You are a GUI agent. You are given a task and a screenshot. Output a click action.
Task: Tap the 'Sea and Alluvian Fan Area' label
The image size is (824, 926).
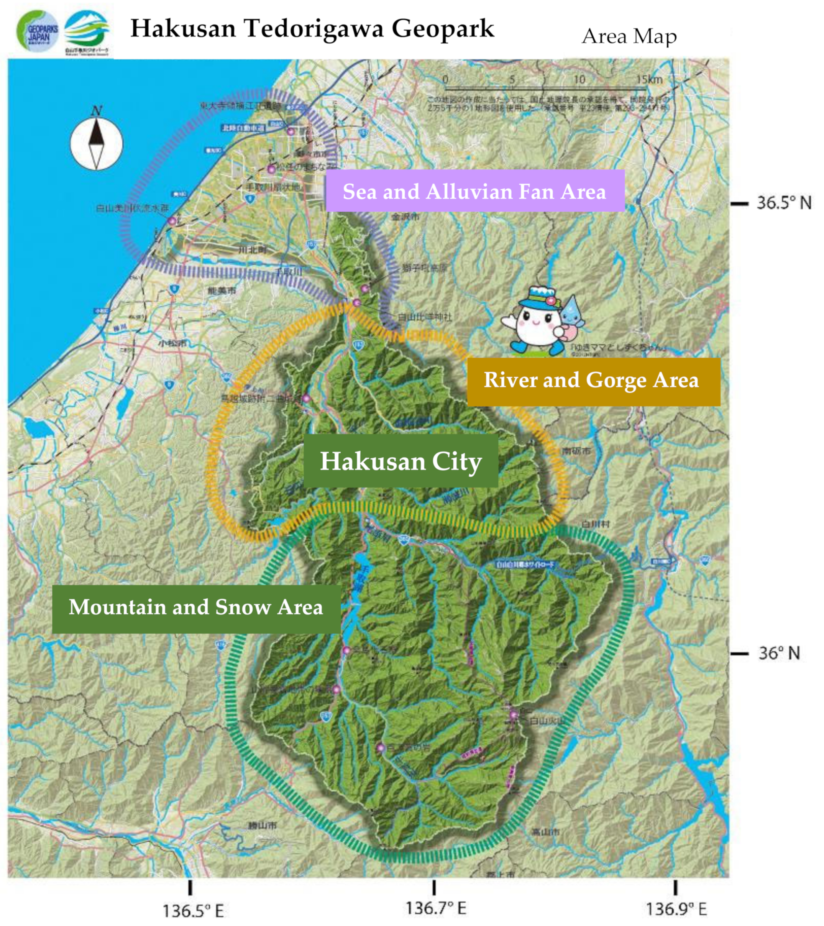(475, 191)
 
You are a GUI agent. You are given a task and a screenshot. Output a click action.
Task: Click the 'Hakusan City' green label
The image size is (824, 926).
(401, 461)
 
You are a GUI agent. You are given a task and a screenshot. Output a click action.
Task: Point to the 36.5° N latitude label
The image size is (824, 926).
(783, 203)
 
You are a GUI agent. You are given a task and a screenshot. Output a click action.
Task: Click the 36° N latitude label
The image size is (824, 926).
(779, 653)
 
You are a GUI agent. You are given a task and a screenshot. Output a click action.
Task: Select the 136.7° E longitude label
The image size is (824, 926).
(435, 908)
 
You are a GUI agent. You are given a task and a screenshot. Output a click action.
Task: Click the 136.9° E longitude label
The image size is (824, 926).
(676, 909)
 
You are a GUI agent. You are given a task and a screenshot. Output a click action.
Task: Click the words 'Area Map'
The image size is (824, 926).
(629, 36)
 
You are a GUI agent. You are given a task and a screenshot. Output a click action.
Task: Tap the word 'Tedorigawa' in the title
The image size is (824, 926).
(314, 28)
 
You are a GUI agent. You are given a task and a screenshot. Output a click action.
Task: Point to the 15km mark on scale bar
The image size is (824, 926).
(649, 80)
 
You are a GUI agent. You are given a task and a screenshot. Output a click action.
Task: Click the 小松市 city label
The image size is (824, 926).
(172, 343)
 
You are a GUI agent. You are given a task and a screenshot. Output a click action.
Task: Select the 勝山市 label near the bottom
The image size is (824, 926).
(262, 826)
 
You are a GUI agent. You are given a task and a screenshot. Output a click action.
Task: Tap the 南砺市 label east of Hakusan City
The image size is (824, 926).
(576, 451)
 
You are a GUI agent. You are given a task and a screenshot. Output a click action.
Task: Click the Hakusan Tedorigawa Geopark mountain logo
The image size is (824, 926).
(87, 32)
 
